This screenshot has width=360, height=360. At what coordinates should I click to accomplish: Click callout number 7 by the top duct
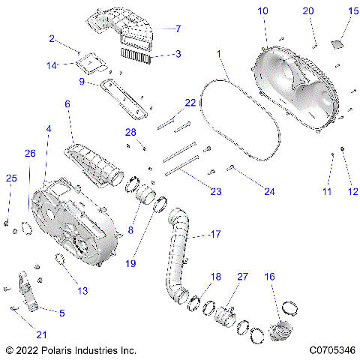click(x=178, y=29)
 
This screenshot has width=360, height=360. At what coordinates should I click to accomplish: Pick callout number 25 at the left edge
click(x=10, y=178)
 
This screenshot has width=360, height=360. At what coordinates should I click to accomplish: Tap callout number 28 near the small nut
click(x=130, y=133)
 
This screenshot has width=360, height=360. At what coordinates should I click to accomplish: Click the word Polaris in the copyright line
click(x=62, y=349)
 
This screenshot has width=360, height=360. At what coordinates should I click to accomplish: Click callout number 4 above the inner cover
click(x=49, y=129)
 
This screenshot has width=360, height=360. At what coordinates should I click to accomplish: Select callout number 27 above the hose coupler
click(x=241, y=277)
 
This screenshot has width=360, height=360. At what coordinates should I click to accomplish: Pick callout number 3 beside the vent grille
click(x=178, y=54)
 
